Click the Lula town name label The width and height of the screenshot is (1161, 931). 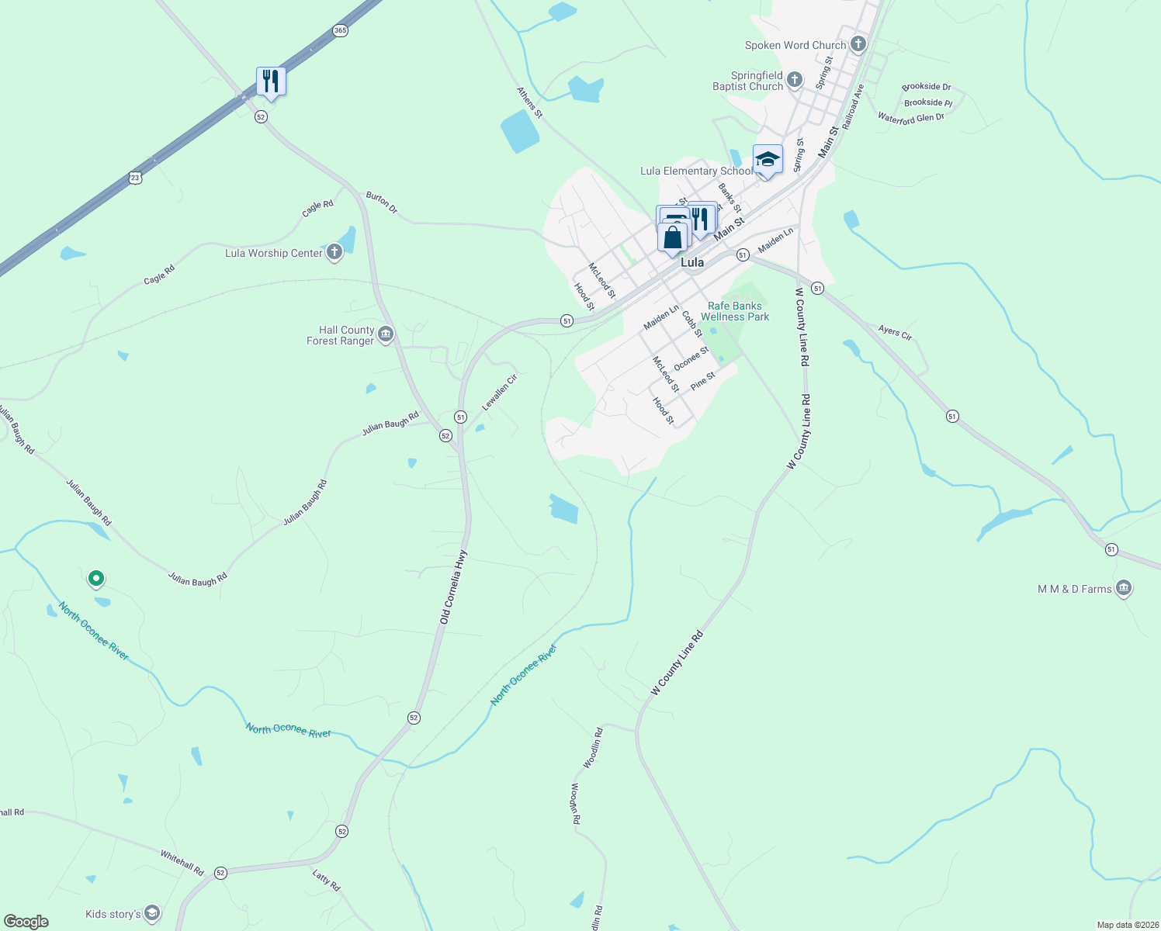point(692,262)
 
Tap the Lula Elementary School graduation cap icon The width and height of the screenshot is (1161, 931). point(768,159)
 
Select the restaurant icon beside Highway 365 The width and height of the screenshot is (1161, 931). point(271,81)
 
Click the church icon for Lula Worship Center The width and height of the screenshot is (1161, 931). point(334,252)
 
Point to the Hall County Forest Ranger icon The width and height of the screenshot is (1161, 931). point(386,334)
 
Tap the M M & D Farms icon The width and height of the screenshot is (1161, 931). point(1123,588)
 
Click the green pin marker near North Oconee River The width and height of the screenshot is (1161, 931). point(96,578)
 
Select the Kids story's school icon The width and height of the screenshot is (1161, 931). point(152,913)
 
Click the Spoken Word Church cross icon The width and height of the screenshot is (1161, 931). point(858,44)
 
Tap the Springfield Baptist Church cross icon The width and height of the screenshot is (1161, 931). point(794,79)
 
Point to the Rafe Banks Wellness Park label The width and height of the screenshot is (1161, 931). point(735,311)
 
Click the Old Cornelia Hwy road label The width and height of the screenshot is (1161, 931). point(453,587)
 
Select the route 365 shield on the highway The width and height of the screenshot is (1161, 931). point(339,31)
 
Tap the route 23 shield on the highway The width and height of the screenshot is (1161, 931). point(136,178)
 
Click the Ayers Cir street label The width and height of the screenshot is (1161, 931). point(895,332)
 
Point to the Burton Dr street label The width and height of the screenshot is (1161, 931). point(381,203)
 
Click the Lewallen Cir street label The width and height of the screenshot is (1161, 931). point(499,393)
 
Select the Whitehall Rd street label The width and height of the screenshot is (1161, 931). point(182,863)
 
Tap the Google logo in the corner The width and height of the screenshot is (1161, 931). point(26,922)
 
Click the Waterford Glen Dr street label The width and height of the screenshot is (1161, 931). point(910,118)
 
